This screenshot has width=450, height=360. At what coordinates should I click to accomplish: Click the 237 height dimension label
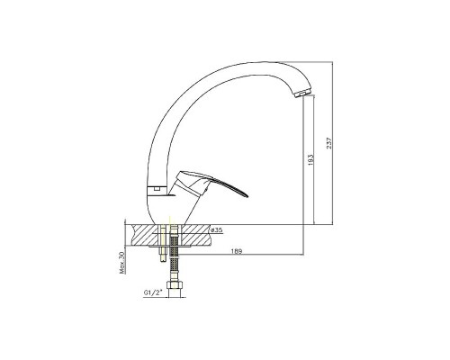[328, 143]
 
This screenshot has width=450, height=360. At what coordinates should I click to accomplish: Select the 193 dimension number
[310, 160]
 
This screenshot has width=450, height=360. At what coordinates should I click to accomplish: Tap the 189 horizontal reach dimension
[237, 251]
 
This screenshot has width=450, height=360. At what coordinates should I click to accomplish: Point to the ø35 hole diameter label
[217, 230]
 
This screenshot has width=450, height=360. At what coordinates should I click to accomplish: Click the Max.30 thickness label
[122, 263]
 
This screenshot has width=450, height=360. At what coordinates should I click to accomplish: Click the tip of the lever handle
[247, 196]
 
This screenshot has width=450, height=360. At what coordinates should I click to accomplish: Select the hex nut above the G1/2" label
[174, 285]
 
